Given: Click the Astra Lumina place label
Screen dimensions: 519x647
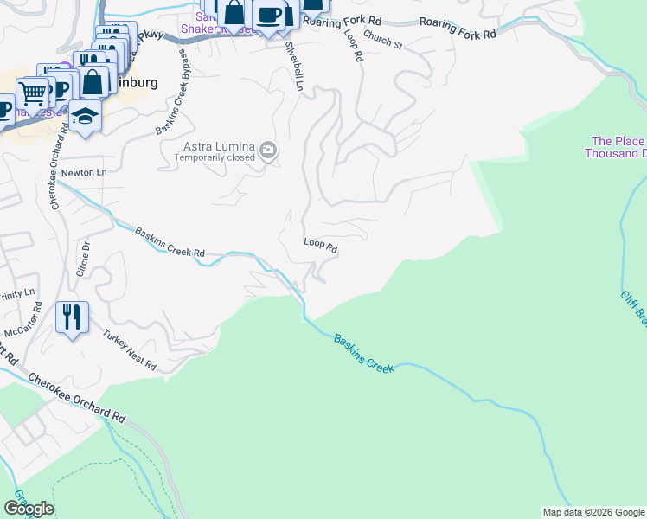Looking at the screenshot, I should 218,147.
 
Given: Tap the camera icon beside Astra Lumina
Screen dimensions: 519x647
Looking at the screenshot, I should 268,152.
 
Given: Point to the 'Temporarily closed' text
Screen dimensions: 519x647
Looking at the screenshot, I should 215,158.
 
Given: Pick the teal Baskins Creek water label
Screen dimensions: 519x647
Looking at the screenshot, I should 363,354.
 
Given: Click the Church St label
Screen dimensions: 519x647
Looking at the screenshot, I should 382,40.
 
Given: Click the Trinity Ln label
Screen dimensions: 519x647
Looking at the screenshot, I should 17,292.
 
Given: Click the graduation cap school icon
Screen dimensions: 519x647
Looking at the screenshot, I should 84,116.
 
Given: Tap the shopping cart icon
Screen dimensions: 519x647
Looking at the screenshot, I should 32,92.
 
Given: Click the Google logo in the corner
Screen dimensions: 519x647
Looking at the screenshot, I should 29,508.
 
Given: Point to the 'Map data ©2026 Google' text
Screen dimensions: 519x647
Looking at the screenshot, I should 593,512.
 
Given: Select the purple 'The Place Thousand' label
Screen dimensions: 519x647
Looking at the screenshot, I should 616,147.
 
